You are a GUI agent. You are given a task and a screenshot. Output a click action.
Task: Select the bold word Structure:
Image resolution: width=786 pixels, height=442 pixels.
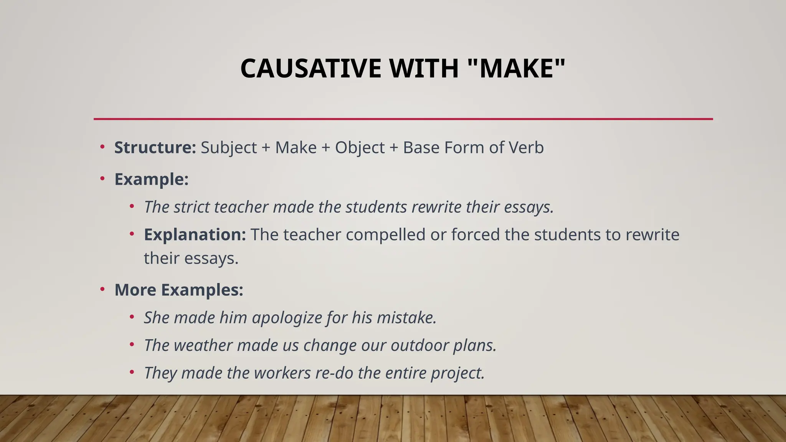coord(155,148)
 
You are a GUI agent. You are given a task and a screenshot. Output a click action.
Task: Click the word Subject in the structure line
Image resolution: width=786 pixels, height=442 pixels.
coord(229,148)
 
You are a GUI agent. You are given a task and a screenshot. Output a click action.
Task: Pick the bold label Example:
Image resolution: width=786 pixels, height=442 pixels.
coord(152,180)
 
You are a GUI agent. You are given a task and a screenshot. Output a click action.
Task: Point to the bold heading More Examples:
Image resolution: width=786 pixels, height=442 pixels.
coord(179,290)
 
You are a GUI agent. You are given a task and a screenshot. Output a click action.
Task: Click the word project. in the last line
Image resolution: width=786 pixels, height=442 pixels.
coord(458,373)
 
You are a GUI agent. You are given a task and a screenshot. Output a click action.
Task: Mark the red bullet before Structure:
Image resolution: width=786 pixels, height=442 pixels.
coord(102,147)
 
